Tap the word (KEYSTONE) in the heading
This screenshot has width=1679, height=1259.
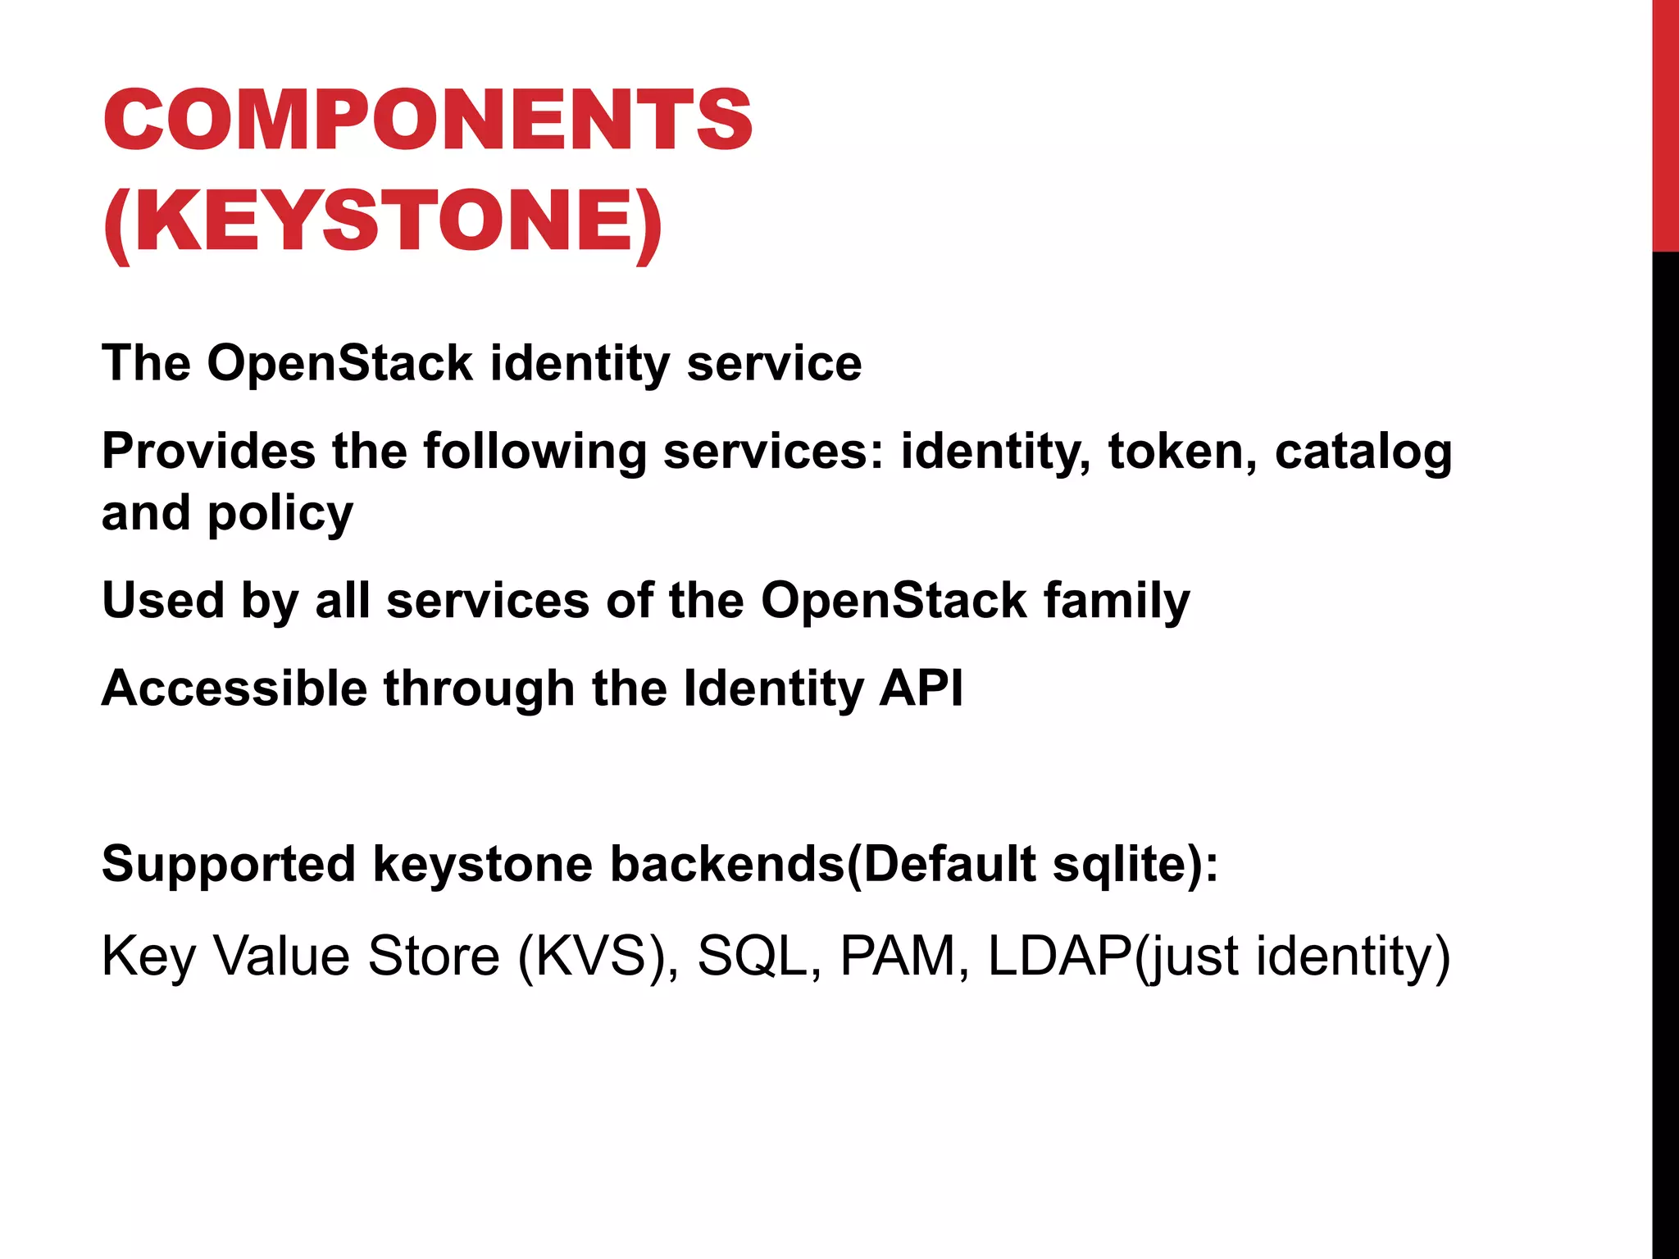[x=383, y=221]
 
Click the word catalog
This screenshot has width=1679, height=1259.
[x=1363, y=452]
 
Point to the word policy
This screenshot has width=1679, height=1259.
[x=280, y=515]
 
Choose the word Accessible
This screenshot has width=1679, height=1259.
[x=234, y=688]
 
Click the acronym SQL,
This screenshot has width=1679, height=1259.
[x=759, y=957]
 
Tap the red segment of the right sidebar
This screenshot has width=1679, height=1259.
[x=1665, y=123]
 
